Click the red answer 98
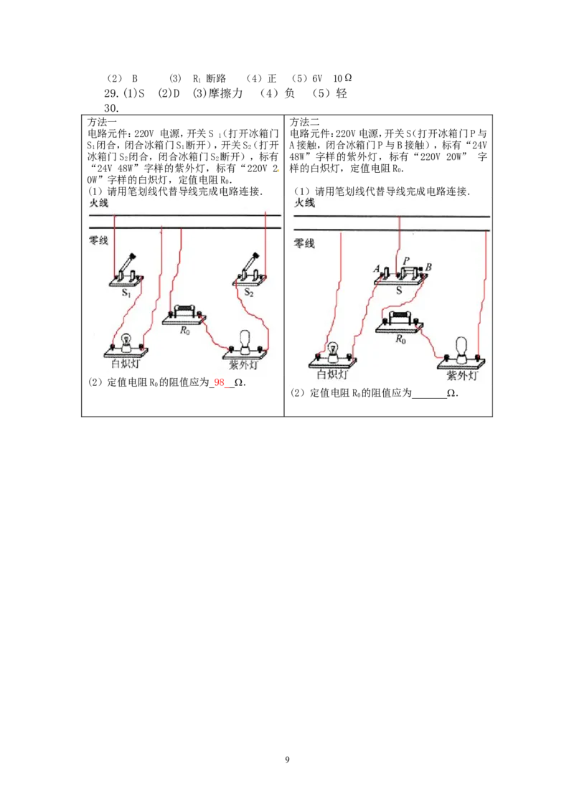(219, 383)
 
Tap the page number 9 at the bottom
(287, 760)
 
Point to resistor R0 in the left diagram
(184, 315)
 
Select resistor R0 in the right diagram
(400, 321)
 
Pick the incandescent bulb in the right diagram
(333, 355)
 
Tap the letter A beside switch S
(377, 269)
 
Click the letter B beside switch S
(428, 268)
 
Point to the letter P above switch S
(406, 261)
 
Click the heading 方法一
(102, 122)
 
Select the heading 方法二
(304, 122)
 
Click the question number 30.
(111, 108)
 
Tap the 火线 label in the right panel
(305, 202)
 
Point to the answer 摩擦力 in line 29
(225, 93)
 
